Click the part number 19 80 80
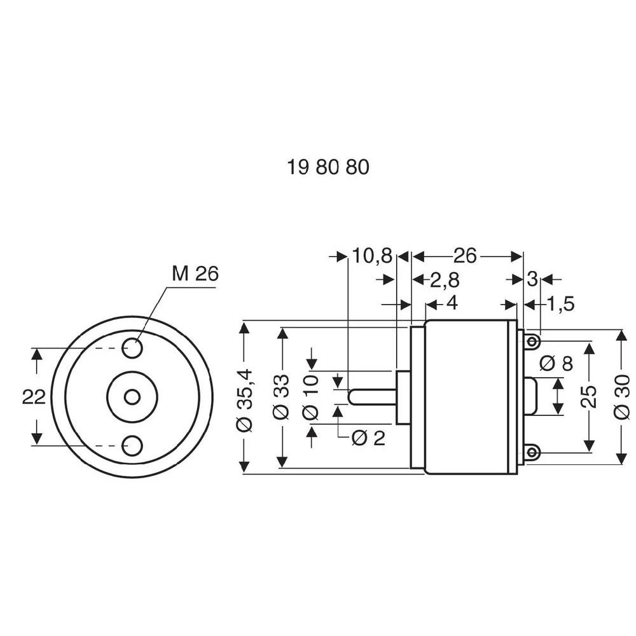pyautogui.click(x=328, y=167)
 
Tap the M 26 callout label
pyautogui.click(x=195, y=273)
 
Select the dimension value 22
pyautogui.click(x=34, y=397)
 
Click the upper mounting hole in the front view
pyautogui.click(x=132, y=348)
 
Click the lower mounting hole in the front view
pyautogui.click(x=132, y=445)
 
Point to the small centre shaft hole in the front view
pyautogui.click(x=132, y=397)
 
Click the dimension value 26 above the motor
pyautogui.click(x=465, y=256)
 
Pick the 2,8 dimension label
pyautogui.click(x=445, y=280)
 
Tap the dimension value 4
pyautogui.click(x=452, y=303)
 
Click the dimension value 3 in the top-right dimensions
pyautogui.click(x=532, y=279)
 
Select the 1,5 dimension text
pyautogui.click(x=560, y=304)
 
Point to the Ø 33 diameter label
pyautogui.click(x=281, y=397)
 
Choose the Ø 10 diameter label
pyautogui.click(x=311, y=397)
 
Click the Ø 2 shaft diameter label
pyautogui.click(x=368, y=438)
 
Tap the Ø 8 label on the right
pyautogui.click(x=556, y=364)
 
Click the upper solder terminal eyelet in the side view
pyautogui.click(x=533, y=343)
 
